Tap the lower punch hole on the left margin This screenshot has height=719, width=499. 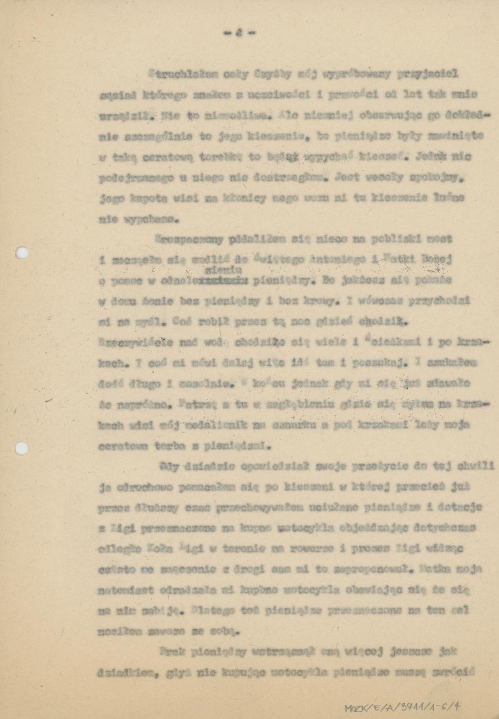pyautogui.click(x=22, y=448)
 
